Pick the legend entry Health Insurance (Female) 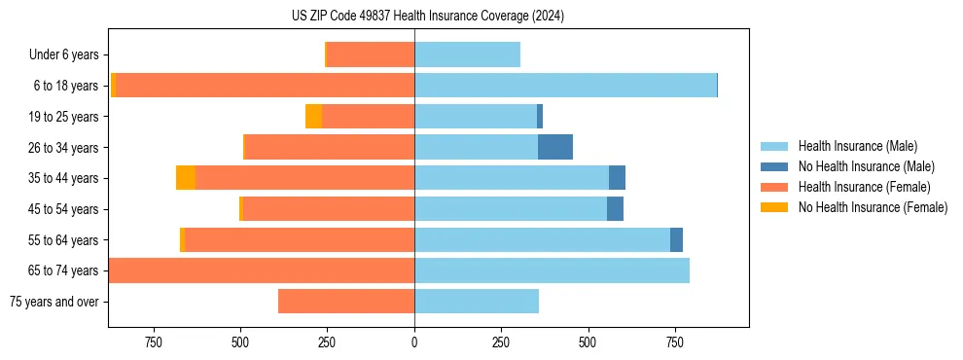click(864, 187)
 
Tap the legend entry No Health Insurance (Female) click(873, 207)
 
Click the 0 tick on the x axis click(414, 342)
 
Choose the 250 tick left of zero click(327, 342)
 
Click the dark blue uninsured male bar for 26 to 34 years click(555, 147)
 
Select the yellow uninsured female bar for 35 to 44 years click(186, 178)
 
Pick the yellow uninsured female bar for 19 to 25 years click(313, 117)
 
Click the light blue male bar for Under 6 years click(467, 54)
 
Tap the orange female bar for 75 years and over click(346, 302)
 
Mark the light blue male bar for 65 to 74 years click(552, 270)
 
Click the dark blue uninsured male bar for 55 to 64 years click(676, 239)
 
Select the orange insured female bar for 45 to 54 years click(329, 209)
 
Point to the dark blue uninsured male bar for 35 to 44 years click(617, 178)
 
